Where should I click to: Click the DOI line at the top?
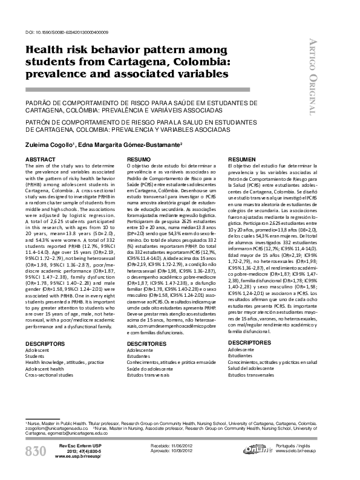(x=67, y=32)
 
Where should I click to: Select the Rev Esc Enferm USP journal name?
(x=76, y=444)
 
